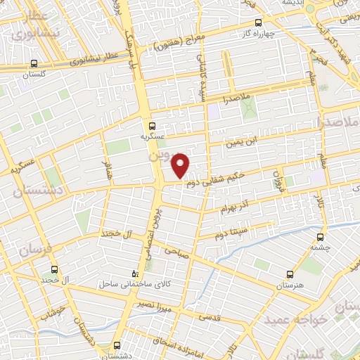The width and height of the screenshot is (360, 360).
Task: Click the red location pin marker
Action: coord(181,165)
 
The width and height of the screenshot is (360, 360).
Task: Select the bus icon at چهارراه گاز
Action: coord(258,22)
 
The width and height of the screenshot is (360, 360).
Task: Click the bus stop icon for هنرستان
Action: coord(290,275)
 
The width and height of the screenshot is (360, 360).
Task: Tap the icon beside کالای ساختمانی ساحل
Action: coord(136,274)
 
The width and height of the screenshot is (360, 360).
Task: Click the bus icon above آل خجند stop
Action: coord(56,270)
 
